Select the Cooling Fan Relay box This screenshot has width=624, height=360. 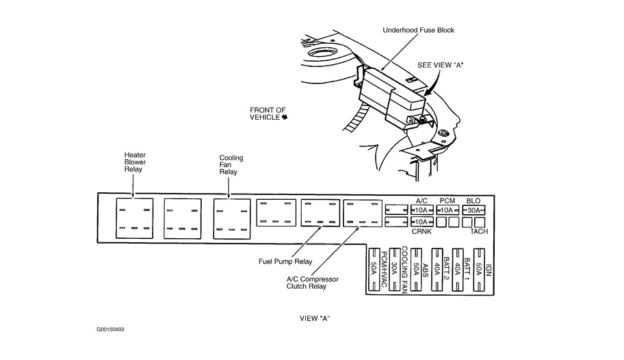(x=231, y=218)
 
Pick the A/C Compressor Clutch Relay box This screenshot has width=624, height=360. (x=362, y=213)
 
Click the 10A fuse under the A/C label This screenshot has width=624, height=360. (x=421, y=210)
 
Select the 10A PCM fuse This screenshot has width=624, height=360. (x=447, y=210)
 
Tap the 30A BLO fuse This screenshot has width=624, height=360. (x=473, y=210)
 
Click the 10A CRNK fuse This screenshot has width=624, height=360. (x=421, y=222)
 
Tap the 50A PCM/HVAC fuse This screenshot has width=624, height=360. (x=374, y=268)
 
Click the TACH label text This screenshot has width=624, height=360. (x=478, y=231)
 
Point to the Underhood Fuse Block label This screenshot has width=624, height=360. (x=419, y=30)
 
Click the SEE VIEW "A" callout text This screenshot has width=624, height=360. (x=442, y=66)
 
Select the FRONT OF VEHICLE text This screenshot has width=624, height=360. (x=267, y=114)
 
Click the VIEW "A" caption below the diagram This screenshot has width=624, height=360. (x=315, y=318)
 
